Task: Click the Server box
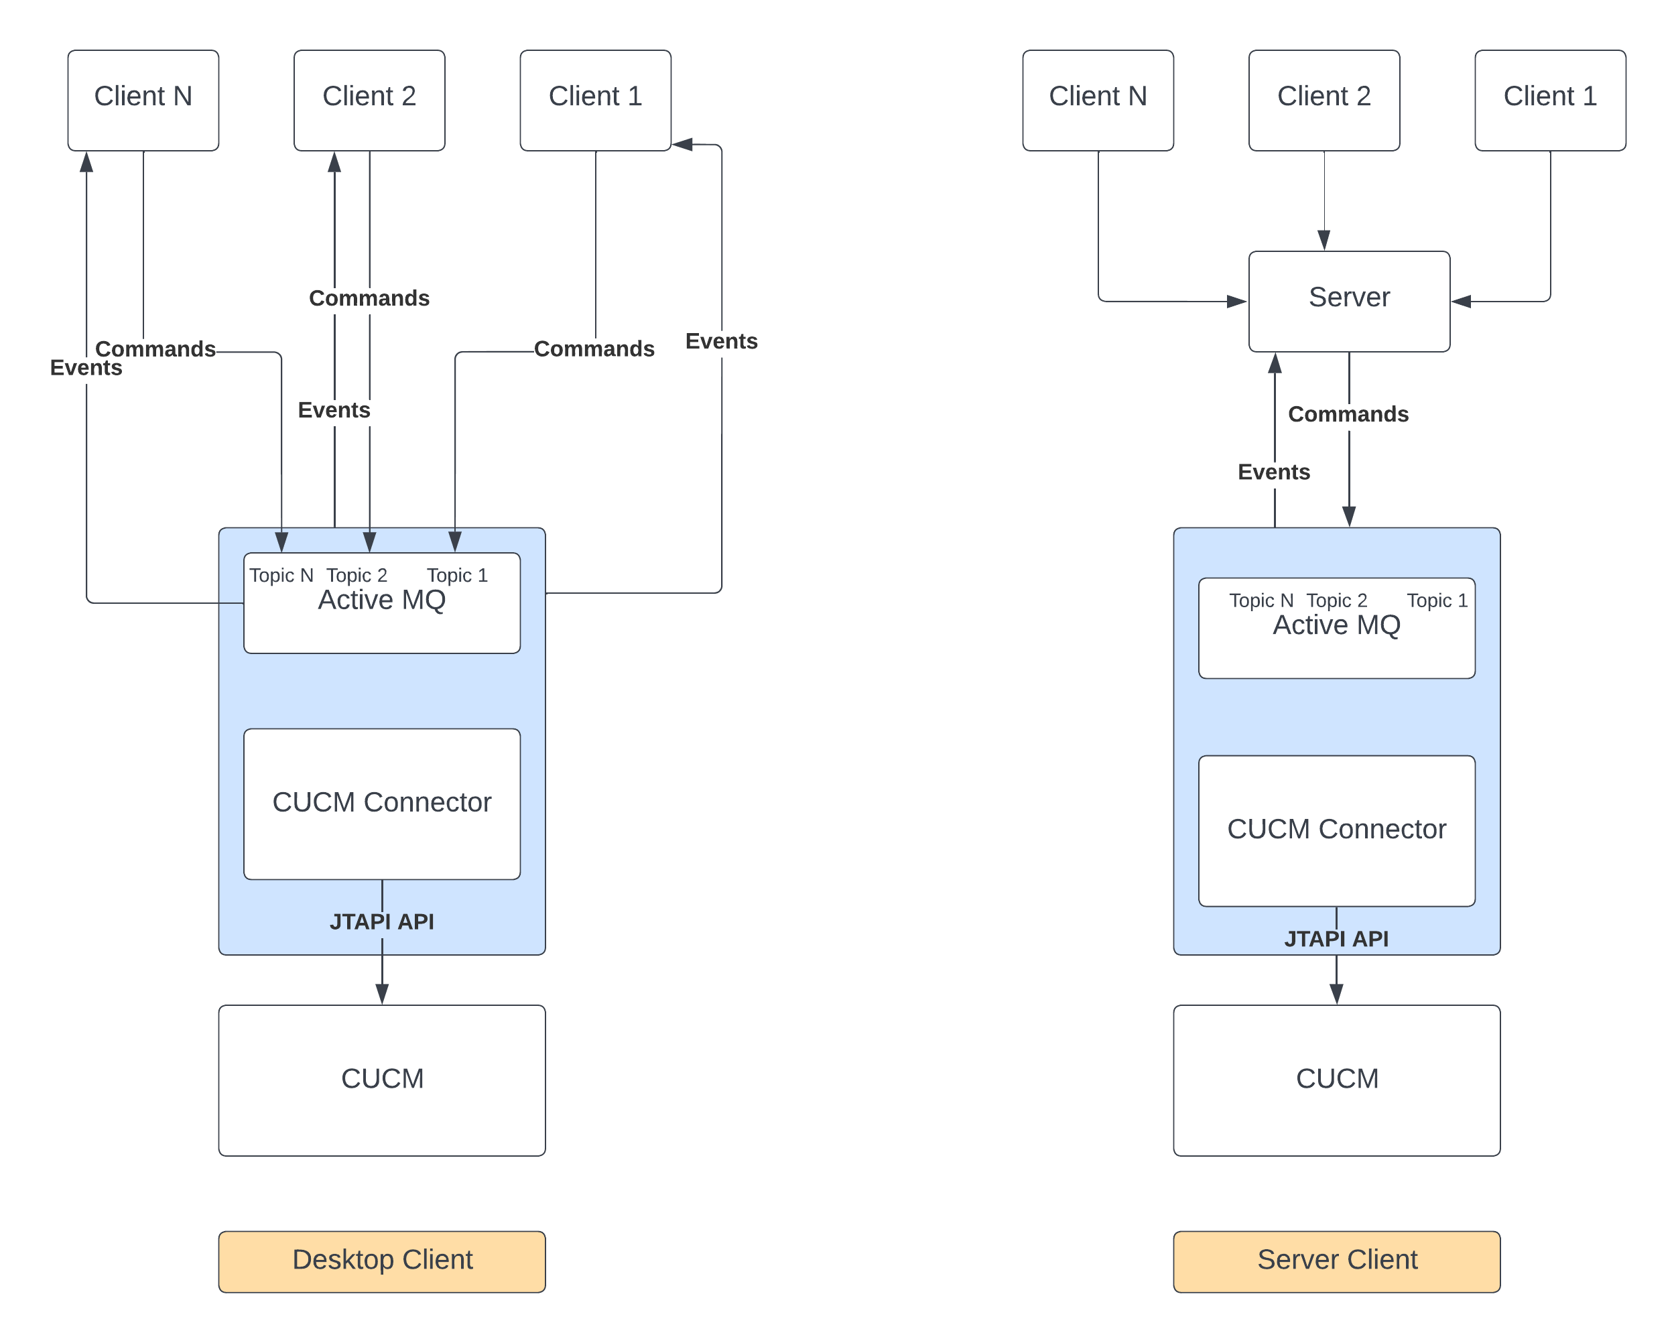(1349, 301)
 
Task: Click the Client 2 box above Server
(1324, 101)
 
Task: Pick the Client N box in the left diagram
(143, 101)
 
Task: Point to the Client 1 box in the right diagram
(1549, 101)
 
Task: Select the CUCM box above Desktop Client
(382, 1080)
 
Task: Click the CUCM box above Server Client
(1336, 1080)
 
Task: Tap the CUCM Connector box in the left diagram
(382, 803)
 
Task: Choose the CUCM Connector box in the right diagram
(1336, 830)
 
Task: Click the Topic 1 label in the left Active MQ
(457, 575)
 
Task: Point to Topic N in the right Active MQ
(1261, 600)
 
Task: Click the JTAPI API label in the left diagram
(382, 921)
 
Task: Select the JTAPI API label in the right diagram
(1336, 939)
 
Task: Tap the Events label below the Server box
(1273, 472)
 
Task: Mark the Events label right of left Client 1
(721, 341)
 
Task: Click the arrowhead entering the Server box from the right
(1462, 302)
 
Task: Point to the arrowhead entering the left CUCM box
(382, 993)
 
